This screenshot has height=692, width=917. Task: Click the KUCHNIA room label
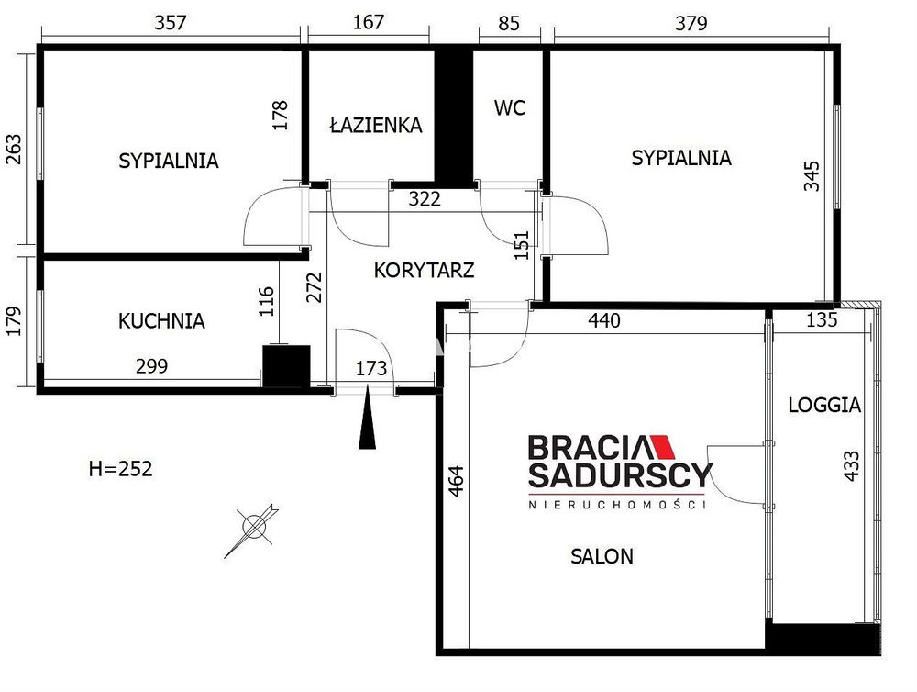161,321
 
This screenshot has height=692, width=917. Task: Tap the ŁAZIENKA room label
376,125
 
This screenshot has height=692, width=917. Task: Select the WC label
509,107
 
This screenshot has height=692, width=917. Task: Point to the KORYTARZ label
424,270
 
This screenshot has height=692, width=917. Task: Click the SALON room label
602,555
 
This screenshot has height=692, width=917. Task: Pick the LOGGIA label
824,405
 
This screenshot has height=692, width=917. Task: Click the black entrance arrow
368,417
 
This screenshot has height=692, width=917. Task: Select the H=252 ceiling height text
120,468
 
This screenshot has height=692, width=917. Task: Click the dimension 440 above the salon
604,320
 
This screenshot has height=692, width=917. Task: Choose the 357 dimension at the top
171,23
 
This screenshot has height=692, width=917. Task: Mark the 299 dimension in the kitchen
151,366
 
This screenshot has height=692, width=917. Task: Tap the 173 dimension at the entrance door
371,368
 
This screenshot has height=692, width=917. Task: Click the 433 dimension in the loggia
852,465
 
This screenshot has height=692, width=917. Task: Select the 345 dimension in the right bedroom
812,175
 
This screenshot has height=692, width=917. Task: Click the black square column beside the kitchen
286,366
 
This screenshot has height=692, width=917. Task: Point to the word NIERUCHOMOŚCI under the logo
617,504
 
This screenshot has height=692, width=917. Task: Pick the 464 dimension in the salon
456,481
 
